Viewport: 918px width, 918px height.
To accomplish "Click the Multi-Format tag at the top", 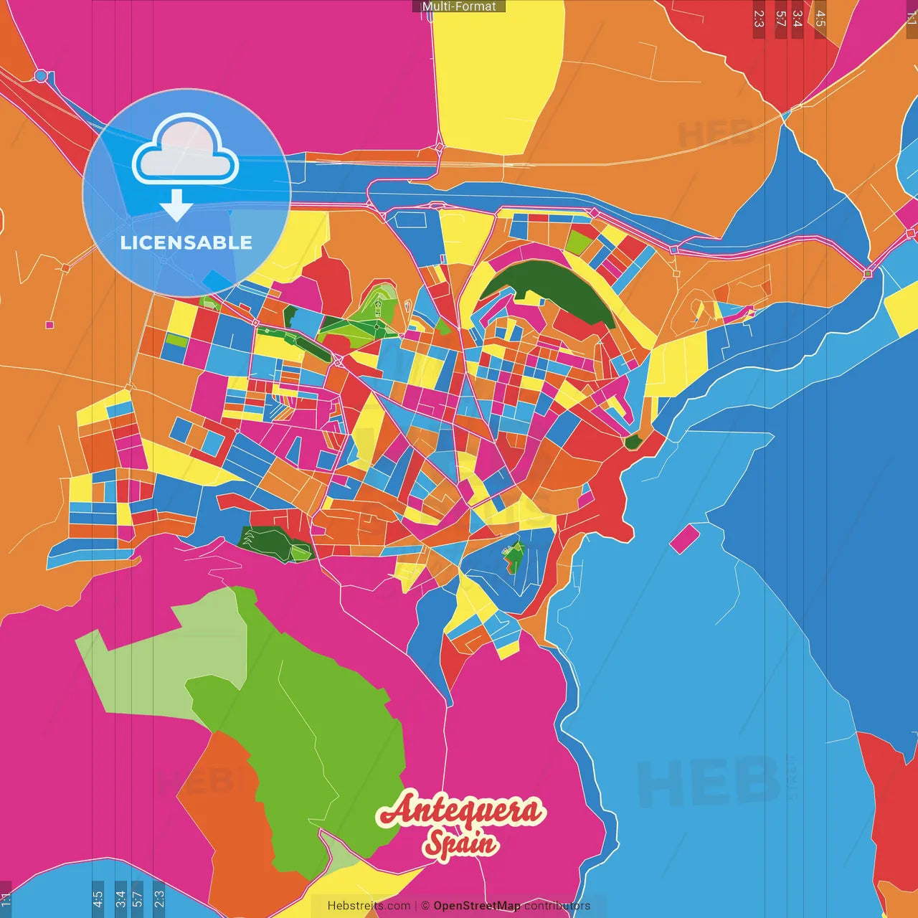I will point(459,6).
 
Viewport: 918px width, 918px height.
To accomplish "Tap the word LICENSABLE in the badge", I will point(186,242).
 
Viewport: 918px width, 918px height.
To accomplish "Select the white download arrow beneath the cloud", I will point(176,205).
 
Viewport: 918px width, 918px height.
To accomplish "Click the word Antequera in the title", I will point(461,810).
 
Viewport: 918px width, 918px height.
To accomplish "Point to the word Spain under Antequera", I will point(460,843).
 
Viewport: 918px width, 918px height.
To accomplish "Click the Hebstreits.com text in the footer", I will point(369,906).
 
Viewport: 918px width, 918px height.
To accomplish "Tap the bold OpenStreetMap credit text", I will point(476,906).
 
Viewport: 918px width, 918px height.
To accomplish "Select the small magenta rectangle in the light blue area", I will point(684,538).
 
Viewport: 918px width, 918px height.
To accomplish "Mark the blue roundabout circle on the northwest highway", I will point(41,75).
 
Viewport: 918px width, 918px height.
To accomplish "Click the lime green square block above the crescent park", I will point(577,242).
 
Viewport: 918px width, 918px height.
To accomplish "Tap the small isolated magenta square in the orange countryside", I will point(49,325).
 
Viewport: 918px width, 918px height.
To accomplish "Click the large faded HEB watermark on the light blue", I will point(706,782).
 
